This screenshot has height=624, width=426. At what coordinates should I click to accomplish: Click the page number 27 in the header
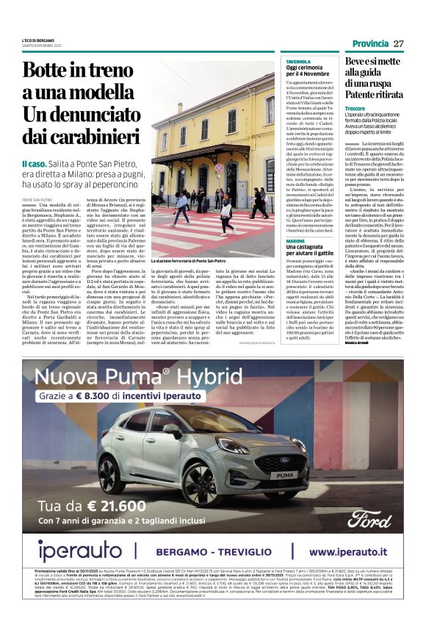(398, 43)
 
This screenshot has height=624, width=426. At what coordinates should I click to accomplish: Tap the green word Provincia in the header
(369, 43)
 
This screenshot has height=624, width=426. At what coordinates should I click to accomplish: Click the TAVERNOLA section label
(298, 62)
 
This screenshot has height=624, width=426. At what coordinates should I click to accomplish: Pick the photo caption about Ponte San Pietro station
(188, 261)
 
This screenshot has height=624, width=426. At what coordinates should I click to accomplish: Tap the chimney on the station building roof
(219, 82)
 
